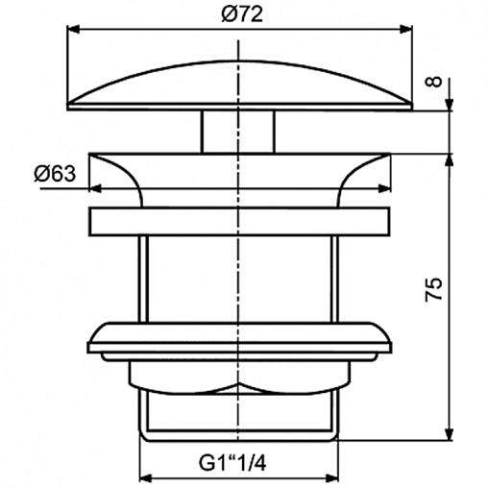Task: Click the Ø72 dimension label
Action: pyautogui.click(x=242, y=14)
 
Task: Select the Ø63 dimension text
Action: pyautogui.click(x=55, y=174)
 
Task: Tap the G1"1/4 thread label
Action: pyautogui.click(x=232, y=463)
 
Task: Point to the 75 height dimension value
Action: pyautogui.click(x=433, y=290)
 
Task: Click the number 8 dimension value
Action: pyautogui.click(x=433, y=82)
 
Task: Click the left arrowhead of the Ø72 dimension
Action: pyautogui.click(x=73, y=30)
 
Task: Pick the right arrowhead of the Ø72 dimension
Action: pyautogui.click(x=405, y=30)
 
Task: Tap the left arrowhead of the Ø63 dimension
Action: pyautogui.click(x=95, y=188)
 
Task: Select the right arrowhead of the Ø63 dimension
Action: pyautogui.click(x=384, y=188)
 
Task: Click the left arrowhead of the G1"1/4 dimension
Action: pyautogui.click(x=146, y=478)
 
